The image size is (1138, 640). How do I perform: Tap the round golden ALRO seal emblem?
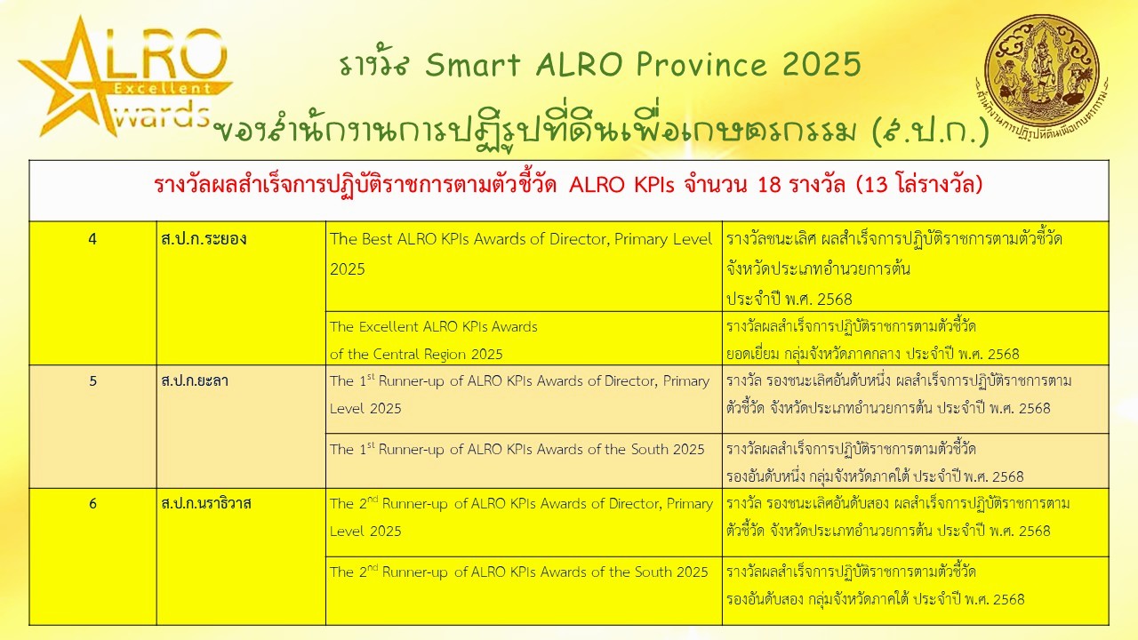tap(1041, 74)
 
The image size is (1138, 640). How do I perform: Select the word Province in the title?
tap(701, 65)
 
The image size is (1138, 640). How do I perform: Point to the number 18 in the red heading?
tap(769, 185)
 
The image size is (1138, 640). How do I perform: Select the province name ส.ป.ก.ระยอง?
tap(204, 239)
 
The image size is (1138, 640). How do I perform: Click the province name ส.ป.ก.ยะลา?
tap(195, 381)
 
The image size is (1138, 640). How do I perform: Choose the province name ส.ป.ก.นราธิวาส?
tap(205, 504)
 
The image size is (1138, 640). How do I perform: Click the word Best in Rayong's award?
tap(377, 239)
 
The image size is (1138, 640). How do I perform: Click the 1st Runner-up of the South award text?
tap(517, 449)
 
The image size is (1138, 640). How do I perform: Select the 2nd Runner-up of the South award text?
tap(518, 572)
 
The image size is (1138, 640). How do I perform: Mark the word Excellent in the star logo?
tap(162, 88)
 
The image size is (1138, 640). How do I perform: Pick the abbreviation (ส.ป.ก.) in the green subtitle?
tap(930, 131)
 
